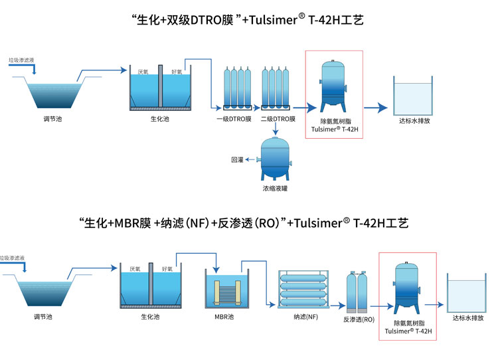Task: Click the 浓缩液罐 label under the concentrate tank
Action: pyautogui.click(x=275, y=189)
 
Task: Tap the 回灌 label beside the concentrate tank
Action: pyautogui.click(x=237, y=159)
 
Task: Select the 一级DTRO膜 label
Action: pyautogui.click(x=234, y=120)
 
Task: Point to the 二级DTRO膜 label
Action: pyautogui.click(x=278, y=120)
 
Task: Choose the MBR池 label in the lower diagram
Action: pyautogui.click(x=224, y=317)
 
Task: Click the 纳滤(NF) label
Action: pyautogui.click(x=305, y=317)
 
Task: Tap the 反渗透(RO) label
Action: pyautogui.click(x=359, y=319)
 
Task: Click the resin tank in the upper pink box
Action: pyautogui.click(x=333, y=86)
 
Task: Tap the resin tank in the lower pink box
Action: pyautogui.click(x=406, y=288)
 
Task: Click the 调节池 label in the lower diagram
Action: pyautogui.click(x=43, y=317)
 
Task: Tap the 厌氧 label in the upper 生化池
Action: pyautogui.click(x=143, y=72)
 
